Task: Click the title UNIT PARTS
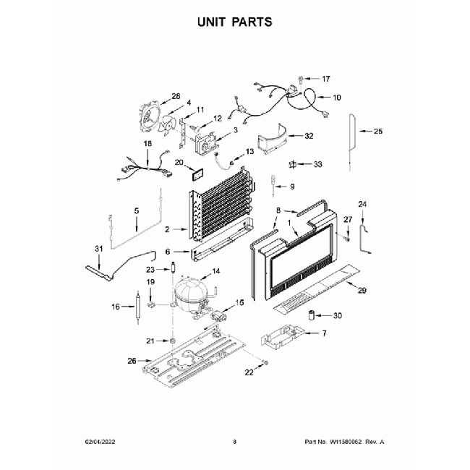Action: tap(235, 22)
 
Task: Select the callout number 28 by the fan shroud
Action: tap(175, 96)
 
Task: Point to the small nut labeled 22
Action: tap(265, 361)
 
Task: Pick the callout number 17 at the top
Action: tap(325, 78)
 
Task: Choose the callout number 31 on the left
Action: tap(100, 249)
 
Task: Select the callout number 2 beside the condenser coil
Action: tap(167, 229)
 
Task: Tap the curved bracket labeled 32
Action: tap(275, 141)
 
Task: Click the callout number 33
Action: tap(317, 164)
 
